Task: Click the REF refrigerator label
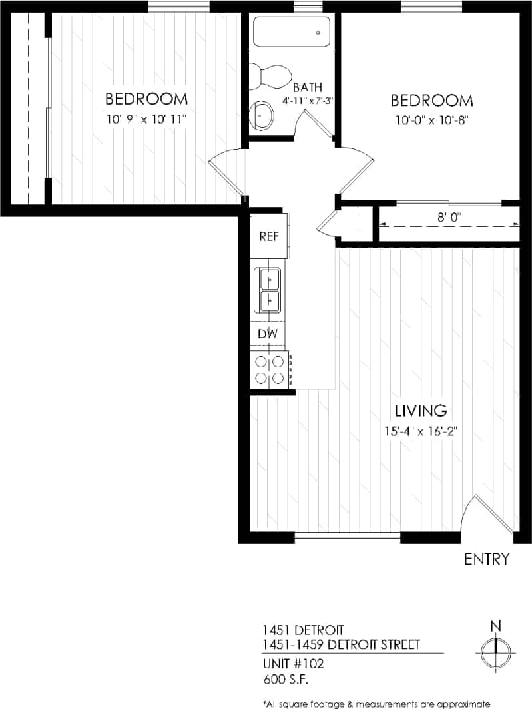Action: point(268,236)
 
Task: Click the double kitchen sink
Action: point(270,290)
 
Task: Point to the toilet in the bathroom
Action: point(266,76)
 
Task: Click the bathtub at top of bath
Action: point(292,32)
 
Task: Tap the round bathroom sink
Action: point(261,115)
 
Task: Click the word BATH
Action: point(307,87)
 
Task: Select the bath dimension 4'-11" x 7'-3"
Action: point(307,101)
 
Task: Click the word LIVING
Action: point(419,410)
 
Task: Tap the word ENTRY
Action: point(487,559)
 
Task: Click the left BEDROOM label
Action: point(146,99)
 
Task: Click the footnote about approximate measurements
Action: point(376,704)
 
